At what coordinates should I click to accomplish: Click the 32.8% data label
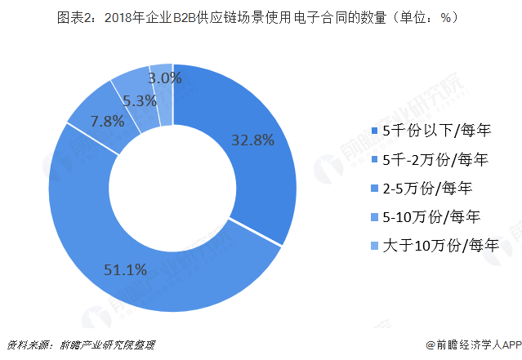click(x=252, y=140)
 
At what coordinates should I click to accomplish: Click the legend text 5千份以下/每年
click(x=442, y=130)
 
